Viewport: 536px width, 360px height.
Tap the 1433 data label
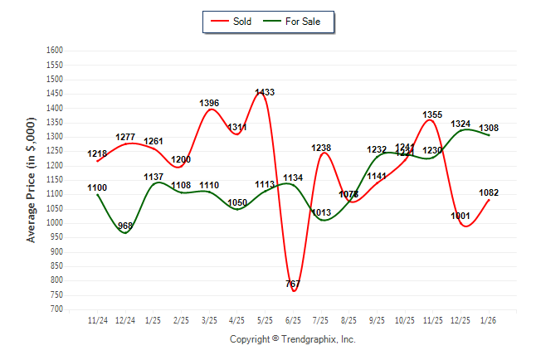coord(266,92)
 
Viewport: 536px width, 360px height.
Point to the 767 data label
coord(292,284)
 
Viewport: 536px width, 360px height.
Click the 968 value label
coord(125,226)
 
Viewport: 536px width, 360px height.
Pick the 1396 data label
coord(209,103)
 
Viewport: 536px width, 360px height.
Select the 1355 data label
coord(432,114)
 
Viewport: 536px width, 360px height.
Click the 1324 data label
coord(460,124)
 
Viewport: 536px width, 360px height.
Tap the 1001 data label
coord(460,216)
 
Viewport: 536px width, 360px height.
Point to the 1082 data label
coord(489,192)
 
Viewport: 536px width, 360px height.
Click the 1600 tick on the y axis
coord(55,51)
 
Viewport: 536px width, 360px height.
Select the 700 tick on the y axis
coord(56,309)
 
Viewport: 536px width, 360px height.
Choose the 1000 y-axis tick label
coord(55,223)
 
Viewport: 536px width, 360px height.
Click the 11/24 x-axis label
coord(97,319)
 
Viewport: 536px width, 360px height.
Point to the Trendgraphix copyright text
coord(292,339)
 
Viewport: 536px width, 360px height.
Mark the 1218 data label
coord(96,153)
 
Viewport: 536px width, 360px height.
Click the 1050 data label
coord(237,202)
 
